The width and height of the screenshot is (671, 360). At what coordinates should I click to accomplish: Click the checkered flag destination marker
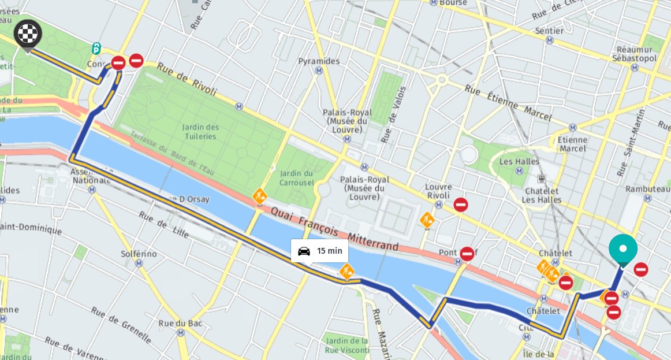coord(28,34)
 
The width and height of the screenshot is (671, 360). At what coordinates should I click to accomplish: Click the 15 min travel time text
coord(329,251)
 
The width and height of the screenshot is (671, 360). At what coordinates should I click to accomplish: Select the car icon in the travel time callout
coord(304,251)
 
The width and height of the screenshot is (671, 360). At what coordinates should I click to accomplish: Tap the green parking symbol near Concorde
coord(96,49)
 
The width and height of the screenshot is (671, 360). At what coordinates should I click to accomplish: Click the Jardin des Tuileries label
coord(200,132)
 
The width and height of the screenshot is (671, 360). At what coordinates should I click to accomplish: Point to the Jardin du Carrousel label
coord(297,178)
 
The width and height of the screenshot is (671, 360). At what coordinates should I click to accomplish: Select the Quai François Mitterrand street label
coord(334,229)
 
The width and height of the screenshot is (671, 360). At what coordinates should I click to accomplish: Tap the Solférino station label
coord(139,254)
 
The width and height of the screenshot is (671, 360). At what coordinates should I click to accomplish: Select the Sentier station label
coord(549,31)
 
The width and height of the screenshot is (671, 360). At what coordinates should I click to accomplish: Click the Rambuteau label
coord(647,189)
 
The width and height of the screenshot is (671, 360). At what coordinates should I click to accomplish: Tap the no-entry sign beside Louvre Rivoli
coord(460,205)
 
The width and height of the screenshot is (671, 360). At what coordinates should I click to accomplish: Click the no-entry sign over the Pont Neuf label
coord(467,253)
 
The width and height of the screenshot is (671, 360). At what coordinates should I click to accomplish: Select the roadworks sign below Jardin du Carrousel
coord(259,196)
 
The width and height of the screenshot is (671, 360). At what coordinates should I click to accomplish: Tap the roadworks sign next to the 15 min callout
coord(346,270)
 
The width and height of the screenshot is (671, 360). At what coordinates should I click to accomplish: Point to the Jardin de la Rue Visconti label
coord(346,345)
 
